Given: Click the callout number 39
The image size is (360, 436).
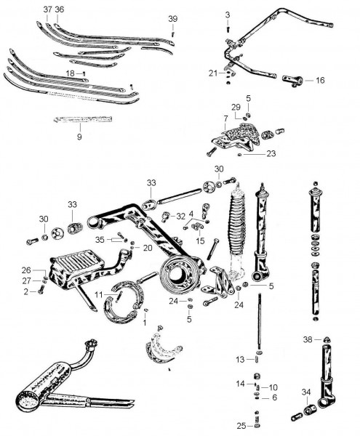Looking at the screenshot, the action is click(173, 19).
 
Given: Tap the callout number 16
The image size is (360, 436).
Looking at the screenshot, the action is click(320, 81).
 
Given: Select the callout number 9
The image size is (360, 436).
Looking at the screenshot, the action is click(79, 137).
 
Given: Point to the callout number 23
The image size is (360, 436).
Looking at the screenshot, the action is click(271, 153).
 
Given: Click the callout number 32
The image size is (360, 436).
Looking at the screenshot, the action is click(180, 217).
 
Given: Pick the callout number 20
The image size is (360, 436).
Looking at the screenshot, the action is click(148, 248).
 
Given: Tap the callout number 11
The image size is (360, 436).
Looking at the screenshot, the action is click(98, 294).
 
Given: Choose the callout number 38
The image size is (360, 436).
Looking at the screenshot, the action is click(308, 339).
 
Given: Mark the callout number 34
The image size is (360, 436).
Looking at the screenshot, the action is click(306, 392).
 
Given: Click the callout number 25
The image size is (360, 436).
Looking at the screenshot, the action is click(241, 426).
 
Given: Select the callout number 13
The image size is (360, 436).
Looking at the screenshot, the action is click(240, 360).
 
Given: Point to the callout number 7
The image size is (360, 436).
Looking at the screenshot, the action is click(225, 118).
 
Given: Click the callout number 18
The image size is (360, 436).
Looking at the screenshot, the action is click(70, 73).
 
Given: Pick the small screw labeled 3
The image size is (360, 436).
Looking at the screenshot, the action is click(228, 29).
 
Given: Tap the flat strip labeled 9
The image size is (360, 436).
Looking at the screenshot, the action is click(83, 119).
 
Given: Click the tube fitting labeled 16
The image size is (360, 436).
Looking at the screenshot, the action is click(292, 81).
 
